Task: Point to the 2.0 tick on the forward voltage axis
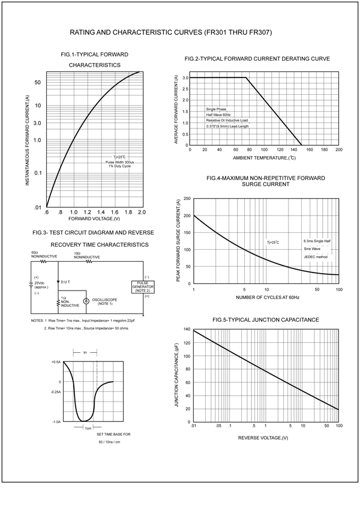click(142, 212)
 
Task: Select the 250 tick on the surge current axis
click(187, 199)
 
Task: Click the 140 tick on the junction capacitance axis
click(187, 330)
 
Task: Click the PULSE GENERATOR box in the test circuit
click(143, 286)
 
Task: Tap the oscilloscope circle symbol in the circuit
click(86, 301)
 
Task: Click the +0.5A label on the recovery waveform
click(56, 362)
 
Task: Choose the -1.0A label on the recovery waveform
click(56, 421)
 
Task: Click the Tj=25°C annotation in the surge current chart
click(273, 242)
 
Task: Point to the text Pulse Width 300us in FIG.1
click(119, 162)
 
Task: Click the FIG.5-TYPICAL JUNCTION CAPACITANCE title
click(261, 319)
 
